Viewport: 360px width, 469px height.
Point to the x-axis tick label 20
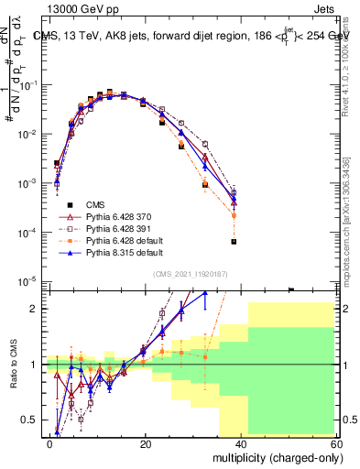(x=146, y=443)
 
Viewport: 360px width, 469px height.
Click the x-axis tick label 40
(x=241, y=443)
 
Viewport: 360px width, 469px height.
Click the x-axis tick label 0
(x=50, y=443)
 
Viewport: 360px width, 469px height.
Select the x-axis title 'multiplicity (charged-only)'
(x=275, y=456)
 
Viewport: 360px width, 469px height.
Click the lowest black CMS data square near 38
(x=235, y=242)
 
